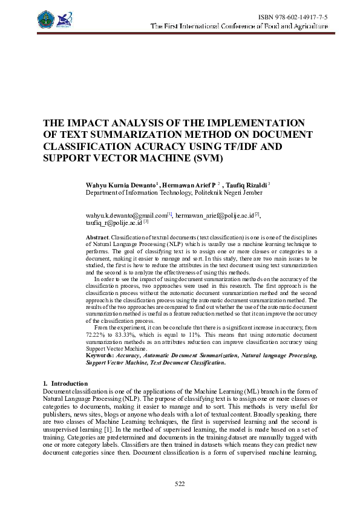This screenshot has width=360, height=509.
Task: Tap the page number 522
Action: coord(180,484)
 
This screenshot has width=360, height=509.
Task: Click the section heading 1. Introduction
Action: coord(65,384)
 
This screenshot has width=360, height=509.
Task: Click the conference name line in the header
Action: coord(239,27)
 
